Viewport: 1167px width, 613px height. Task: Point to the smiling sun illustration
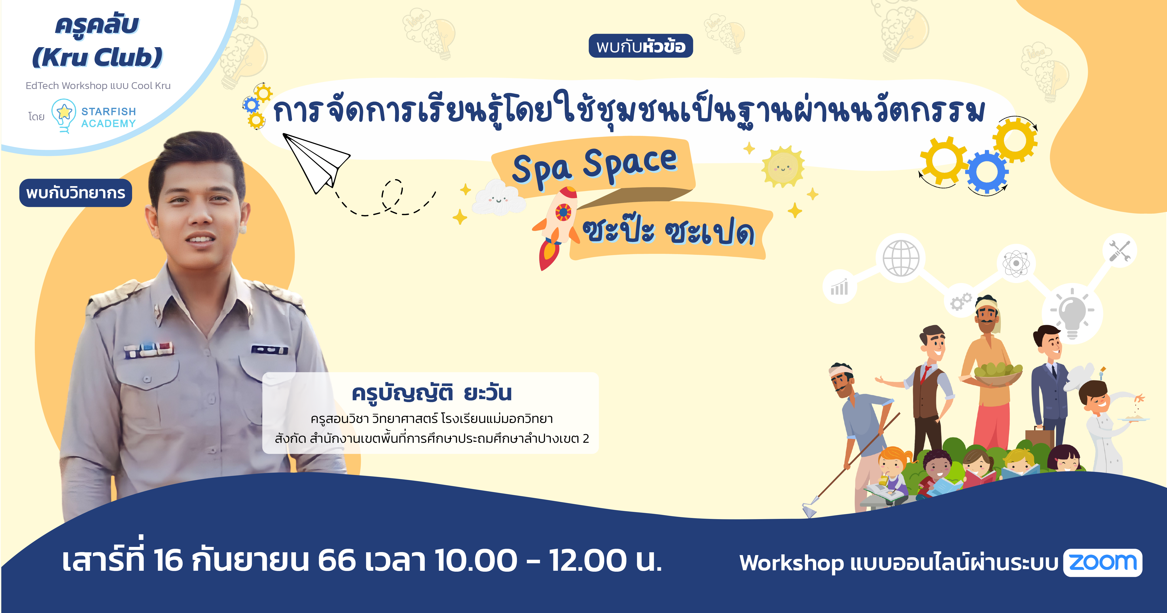point(783,167)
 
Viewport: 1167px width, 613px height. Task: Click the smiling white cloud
point(498,198)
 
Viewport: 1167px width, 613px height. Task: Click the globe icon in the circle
point(901,259)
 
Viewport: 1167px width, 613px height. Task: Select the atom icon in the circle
point(1016,263)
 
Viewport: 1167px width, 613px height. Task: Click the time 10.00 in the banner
point(476,561)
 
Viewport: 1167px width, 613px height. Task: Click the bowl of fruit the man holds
point(997,373)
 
